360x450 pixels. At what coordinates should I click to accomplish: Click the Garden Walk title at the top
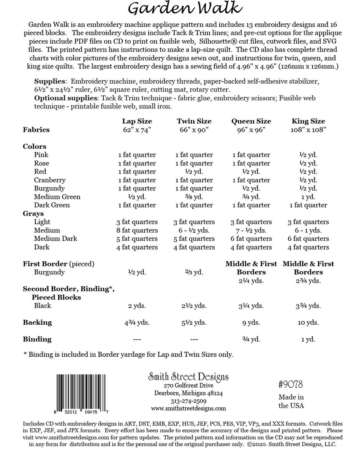[x=184, y=8]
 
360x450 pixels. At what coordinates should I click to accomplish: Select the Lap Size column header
[x=137, y=121]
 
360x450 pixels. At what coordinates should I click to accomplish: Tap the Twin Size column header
[x=194, y=121]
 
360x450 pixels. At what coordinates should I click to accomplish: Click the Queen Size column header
[x=251, y=121]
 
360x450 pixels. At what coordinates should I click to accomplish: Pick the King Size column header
[x=308, y=121]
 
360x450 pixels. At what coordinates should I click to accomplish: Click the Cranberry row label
[x=50, y=180]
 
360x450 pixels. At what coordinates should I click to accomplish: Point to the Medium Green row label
[x=57, y=197]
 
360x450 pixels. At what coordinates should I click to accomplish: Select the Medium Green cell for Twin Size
[x=194, y=197]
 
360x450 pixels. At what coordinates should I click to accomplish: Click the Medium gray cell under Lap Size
[x=137, y=230]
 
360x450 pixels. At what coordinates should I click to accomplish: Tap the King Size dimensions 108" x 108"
[x=308, y=130]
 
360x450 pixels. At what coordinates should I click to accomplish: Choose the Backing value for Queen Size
[x=251, y=323]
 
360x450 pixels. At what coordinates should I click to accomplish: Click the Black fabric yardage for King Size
[x=308, y=306]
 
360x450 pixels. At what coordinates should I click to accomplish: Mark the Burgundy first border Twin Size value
[x=194, y=272]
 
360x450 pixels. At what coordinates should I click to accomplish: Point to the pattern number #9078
[x=291, y=385]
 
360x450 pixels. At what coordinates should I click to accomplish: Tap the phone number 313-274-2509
[x=188, y=401]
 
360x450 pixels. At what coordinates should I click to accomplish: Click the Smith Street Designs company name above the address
[x=188, y=377]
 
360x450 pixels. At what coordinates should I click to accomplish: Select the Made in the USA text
[x=291, y=401]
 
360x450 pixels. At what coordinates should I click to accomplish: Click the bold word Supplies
[x=50, y=81]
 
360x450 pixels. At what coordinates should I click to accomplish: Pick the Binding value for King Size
[x=308, y=339]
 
